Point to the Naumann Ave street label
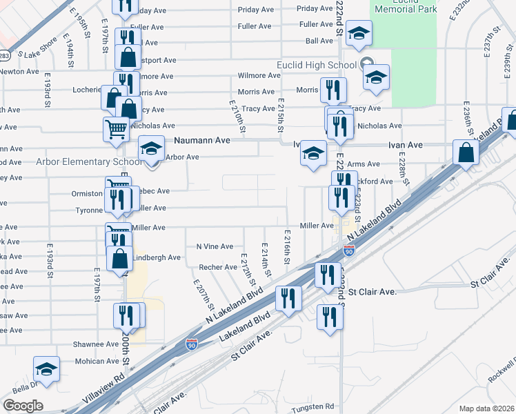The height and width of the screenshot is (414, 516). coord(202,140)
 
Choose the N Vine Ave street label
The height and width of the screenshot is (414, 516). coord(215,246)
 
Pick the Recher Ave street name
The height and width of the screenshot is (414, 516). coord(218,267)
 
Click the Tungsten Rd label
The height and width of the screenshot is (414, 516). coord(312,407)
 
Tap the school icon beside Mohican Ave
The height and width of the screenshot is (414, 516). coord(46,369)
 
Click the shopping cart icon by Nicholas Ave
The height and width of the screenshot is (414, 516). coord(116,128)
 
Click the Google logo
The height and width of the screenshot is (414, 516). coord(23,406)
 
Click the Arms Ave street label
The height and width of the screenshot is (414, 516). coord(364,164)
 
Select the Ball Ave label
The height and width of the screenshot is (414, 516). coord(319,41)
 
